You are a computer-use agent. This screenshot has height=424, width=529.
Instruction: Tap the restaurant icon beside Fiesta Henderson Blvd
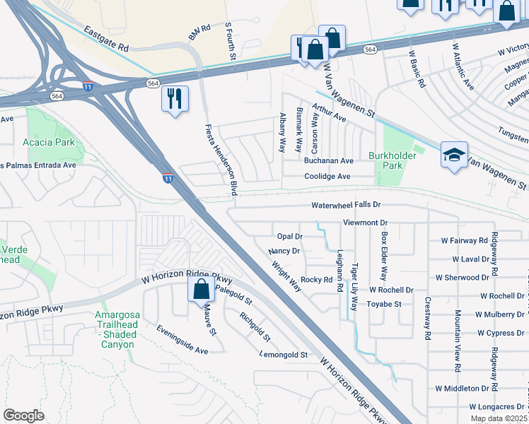(x=174, y=98)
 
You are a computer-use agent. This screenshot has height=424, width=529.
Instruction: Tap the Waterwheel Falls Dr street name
(x=347, y=205)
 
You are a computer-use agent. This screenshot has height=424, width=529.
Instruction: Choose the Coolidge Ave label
(x=327, y=177)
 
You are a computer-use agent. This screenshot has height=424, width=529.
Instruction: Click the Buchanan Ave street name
(x=328, y=161)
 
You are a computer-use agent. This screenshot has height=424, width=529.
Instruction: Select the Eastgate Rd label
(x=105, y=40)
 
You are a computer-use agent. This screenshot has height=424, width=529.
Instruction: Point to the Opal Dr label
(x=289, y=236)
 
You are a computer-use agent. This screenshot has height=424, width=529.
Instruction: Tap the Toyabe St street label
(x=384, y=304)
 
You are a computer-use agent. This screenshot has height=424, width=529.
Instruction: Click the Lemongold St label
(x=284, y=354)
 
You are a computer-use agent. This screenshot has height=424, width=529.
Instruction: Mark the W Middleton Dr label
(x=462, y=389)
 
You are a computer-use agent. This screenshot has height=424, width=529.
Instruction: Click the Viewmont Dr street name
(x=366, y=222)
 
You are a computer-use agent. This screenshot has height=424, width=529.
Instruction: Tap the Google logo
(x=23, y=416)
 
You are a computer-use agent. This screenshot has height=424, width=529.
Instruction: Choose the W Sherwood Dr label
(x=462, y=278)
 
